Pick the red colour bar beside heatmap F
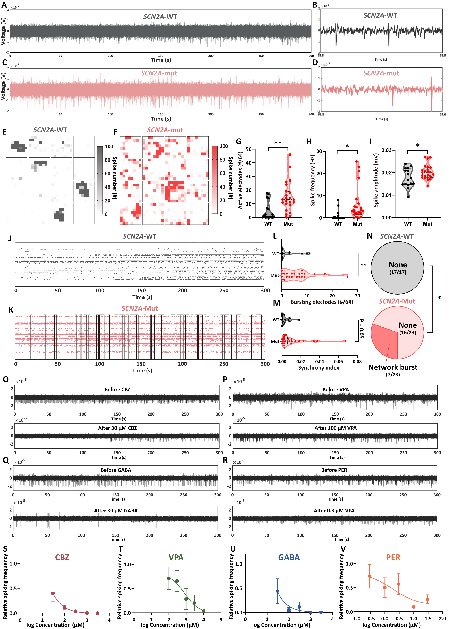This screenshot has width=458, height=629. point(215,180)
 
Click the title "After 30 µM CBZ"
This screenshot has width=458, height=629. point(117,428)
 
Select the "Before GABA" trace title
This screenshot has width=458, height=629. point(116,470)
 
